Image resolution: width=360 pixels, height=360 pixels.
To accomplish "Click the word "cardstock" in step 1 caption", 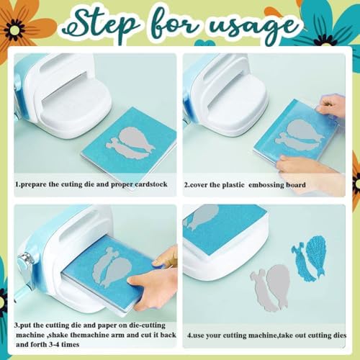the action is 151,184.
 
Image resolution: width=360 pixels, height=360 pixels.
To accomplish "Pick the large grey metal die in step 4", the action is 279,286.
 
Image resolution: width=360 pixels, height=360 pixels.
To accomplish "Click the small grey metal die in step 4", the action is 261,289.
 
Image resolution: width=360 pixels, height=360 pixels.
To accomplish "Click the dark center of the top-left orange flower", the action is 14,30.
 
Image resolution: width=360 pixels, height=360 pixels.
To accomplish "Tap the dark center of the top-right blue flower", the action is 325,43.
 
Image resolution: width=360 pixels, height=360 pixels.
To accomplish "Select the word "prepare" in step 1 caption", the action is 34,184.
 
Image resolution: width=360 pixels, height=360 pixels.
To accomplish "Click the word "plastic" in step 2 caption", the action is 233,185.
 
